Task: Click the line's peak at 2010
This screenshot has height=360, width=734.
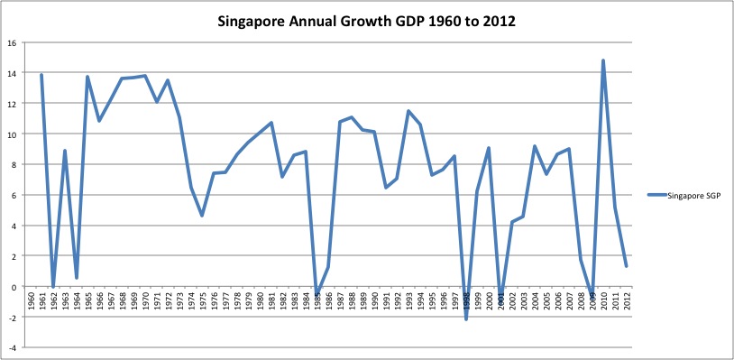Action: click(602, 60)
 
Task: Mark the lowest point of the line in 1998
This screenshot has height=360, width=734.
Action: click(466, 318)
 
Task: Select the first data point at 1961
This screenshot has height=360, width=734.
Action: click(41, 75)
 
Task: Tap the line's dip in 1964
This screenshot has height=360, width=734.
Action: click(77, 277)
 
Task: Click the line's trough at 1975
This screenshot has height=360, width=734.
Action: click(202, 216)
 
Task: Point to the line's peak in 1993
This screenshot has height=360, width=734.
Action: click(408, 111)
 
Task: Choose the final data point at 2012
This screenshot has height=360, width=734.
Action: click(626, 266)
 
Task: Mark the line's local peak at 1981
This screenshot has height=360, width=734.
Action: click(271, 123)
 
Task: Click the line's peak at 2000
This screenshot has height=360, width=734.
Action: click(489, 148)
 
